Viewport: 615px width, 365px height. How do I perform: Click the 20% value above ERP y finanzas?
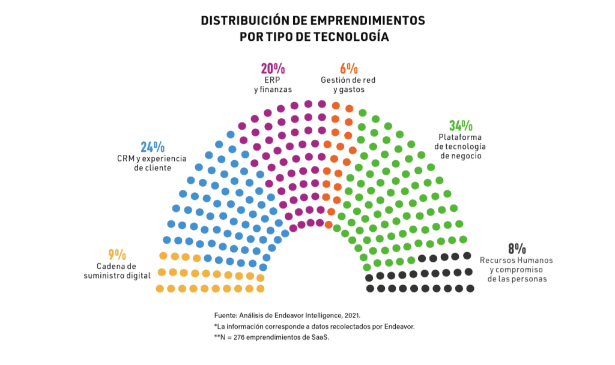click(x=273, y=68)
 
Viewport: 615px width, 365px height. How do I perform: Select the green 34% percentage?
click(x=461, y=126)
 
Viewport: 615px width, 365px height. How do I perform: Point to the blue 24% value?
click(x=153, y=147)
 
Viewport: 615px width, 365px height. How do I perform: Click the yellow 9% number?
click(x=117, y=255)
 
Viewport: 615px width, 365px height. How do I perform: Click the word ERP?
click(x=273, y=80)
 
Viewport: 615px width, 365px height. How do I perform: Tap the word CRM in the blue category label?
click(x=127, y=158)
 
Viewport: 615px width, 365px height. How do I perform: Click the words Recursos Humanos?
click(x=516, y=260)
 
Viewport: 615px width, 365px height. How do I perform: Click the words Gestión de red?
click(x=348, y=80)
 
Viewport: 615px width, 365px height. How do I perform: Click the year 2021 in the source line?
click(x=350, y=315)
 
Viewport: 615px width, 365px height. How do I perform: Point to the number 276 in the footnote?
click(x=239, y=337)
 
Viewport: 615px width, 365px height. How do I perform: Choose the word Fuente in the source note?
click(x=225, y=315)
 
